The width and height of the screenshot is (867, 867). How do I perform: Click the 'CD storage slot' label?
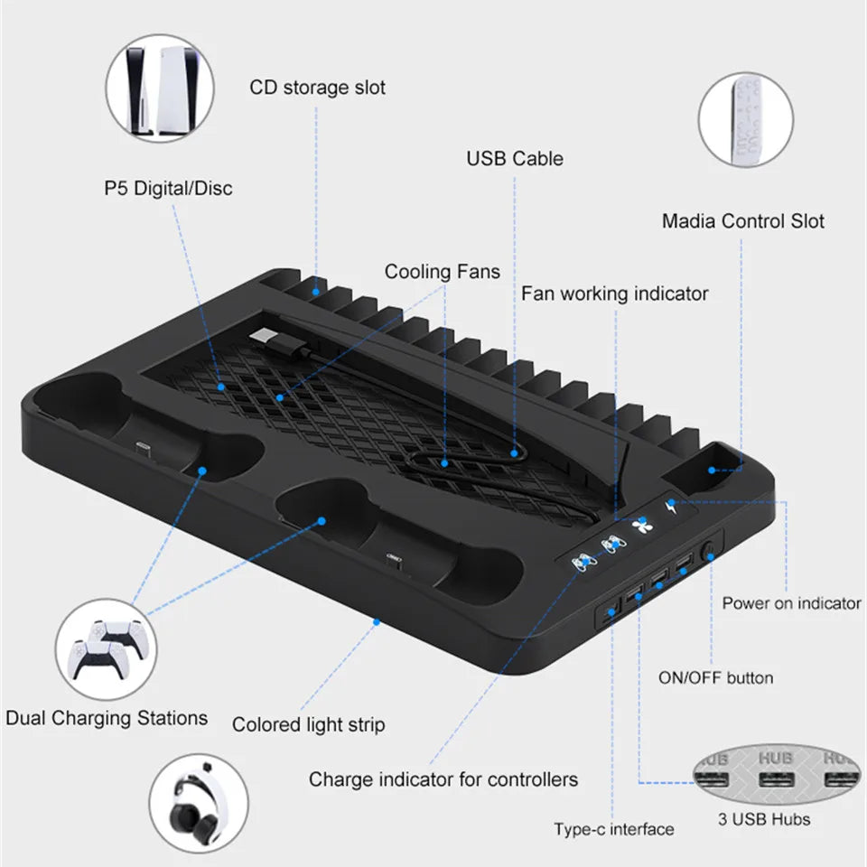tap(317, 88)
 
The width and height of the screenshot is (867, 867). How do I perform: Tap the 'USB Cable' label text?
tap(514, 159)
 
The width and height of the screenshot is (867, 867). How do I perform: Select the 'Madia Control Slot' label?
tap(742, 221)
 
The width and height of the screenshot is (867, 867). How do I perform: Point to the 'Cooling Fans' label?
tap(442, 272)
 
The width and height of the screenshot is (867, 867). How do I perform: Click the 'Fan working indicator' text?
tap(614, 294)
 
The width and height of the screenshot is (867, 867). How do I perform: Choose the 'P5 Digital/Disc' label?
tap(167, 188)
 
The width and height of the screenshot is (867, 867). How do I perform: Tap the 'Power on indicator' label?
tap(791, 603)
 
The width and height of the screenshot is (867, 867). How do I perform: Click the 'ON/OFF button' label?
tap(714, 677)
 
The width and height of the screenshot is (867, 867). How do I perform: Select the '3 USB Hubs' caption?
tap(764, 820)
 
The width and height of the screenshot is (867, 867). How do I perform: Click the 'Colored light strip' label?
tap(308, 724)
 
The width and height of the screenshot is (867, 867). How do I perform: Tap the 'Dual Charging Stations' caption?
tap(107, 719)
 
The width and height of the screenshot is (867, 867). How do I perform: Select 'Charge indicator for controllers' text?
tap(443, 778)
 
